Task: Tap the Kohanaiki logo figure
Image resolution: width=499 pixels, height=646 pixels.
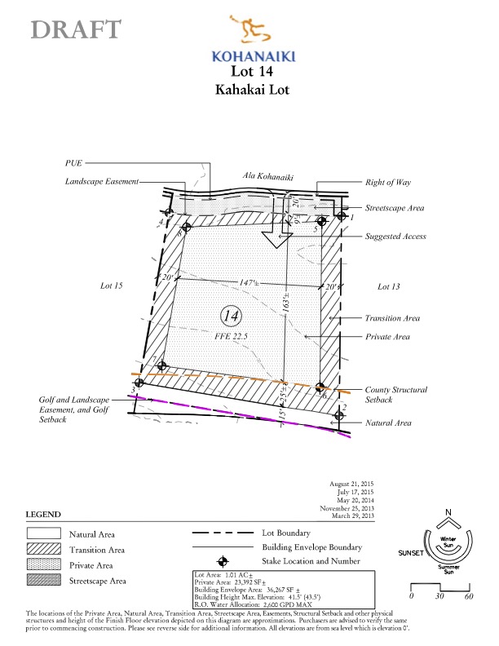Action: pyautogui.click(x=253, y=32)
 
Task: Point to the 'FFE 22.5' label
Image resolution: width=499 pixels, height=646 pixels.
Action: pyautogui.click(x=232, y=334)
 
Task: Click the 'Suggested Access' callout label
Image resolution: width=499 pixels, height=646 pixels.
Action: pyautogui.click(x=395, y=237)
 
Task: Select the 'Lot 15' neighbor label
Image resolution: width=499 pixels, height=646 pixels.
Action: pyautogui.click(x=111, y=286)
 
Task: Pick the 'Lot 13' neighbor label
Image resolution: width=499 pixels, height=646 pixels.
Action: pyautogui.click(x=390, y=286)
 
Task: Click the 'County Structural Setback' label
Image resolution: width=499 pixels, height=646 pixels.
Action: pyautogui.click(x=395, y=395)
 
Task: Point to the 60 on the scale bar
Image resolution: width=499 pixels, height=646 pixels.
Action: pyautogui.click(x=469, y=596)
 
